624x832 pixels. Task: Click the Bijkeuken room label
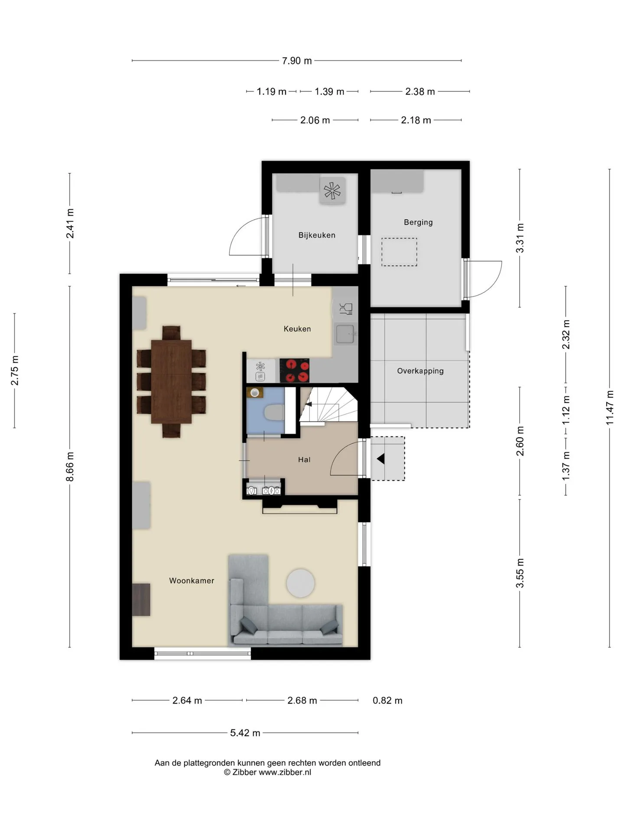(x=317, y=235)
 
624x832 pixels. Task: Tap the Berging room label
(x=418, y=222)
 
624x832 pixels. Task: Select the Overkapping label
(x=420, y=371)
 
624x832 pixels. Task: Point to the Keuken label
(x=297, y=329)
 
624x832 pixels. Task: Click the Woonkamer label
(x=192, y=581)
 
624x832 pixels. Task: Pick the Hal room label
(x=304, y=460)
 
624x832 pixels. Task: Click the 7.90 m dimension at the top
(x=297, y=61)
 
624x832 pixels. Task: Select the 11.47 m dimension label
(x=610, y=407)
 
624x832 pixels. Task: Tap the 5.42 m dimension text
(x=245, y=733)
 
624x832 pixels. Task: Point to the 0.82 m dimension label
(x=387, y=701)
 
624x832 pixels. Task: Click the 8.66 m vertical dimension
(x=70, y=466)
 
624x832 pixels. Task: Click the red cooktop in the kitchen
(x=295, y=370)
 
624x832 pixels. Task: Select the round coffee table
(x=301, y=583)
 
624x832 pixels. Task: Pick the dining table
(x=172, y=382)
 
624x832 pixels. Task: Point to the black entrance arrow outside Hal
(x=381, y=458)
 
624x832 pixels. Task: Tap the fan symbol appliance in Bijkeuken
(x=332, y=191)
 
